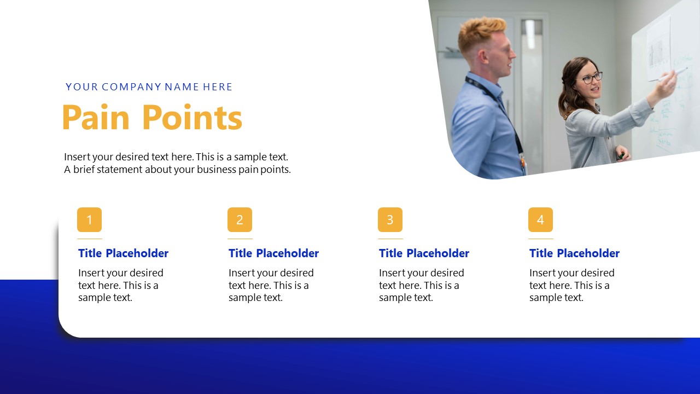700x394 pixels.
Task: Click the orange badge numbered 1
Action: pos(89,220)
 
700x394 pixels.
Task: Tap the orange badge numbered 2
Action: pos(240,220)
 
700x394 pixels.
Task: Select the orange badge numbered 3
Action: pos(390,220)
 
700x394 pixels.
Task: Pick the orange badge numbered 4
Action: pos(540,220)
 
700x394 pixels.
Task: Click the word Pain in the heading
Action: pos(96,118)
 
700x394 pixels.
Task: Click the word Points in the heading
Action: pos(192,118)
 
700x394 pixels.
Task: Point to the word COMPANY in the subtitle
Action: pos(132,87)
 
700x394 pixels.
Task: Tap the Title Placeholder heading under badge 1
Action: pos(123,253)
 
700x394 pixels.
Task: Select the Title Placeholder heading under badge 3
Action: pos(424,253)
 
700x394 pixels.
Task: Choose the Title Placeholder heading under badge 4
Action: pos(574,253)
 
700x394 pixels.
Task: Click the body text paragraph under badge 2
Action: pos(271,285)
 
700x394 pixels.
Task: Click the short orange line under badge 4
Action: pos(540,239)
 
